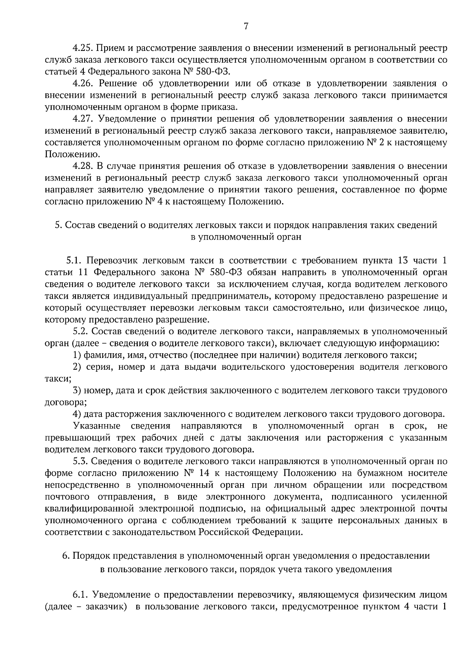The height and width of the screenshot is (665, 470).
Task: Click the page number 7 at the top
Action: pyautogui.click(x=246, y=26)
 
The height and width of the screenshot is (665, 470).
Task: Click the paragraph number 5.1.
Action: pyautogui.click(x=73, y=260)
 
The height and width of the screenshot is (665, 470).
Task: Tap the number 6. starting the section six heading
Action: pyautogui.click(x=66, y=556)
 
